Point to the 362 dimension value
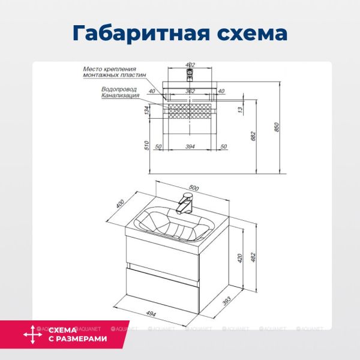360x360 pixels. click(x=190, y=91)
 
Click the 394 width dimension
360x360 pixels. click(x=190, y=146)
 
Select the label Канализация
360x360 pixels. click(x=121, y=95)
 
